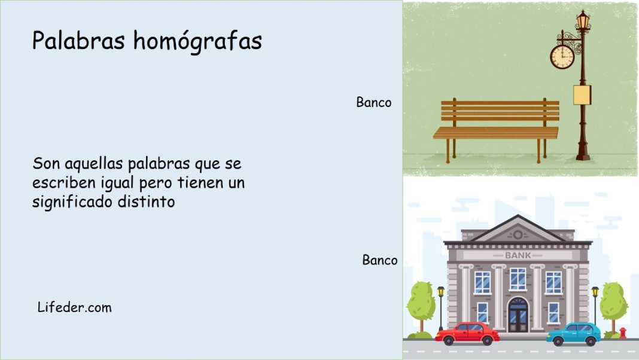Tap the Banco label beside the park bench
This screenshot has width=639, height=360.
(x=374, y=102)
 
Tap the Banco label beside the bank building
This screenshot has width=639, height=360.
(x=379, y=260)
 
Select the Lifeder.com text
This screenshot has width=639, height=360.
(x=74, y=307)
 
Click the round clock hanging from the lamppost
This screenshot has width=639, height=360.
(x=562, y=56)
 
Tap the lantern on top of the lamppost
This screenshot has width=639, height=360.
(x=583, y=22)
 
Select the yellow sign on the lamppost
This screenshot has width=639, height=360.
(x=582, y=94)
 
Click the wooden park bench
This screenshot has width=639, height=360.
(x=497, y=127)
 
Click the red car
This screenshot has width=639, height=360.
(x=467, y=333)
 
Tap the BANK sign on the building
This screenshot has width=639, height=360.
(x=518, y=255)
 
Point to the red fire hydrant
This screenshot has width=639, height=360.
(x=623, y=332)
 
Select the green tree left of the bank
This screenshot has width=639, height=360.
(x=421, y=303)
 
